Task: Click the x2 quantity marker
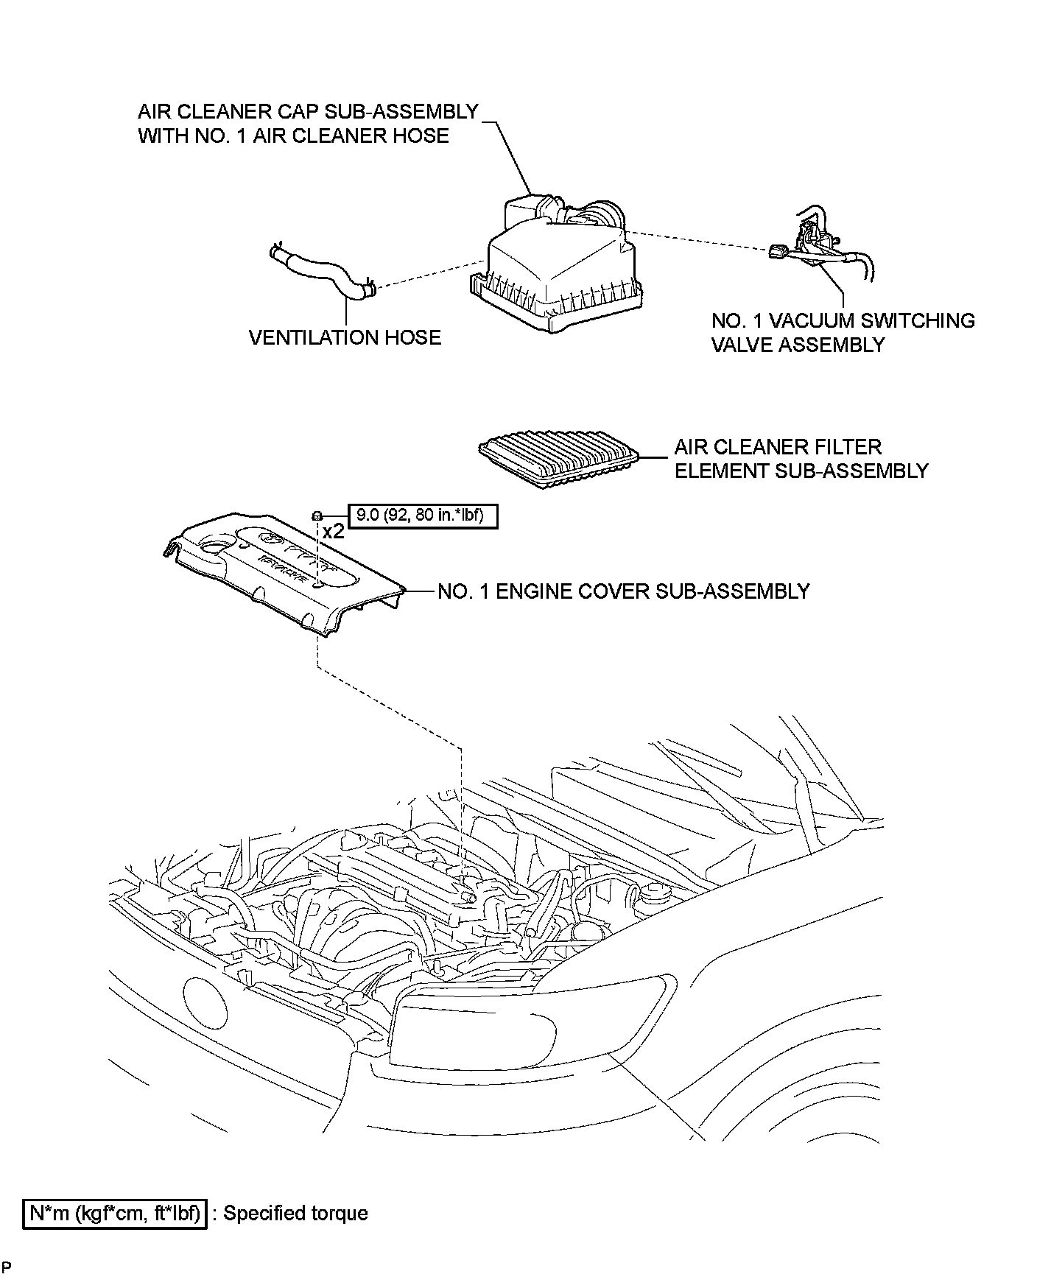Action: [x=333, y=532]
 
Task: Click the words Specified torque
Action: [x=295, y=1213]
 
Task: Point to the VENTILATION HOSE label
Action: [x=345, y=337]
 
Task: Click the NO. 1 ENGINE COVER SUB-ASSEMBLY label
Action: [x=623, y=591]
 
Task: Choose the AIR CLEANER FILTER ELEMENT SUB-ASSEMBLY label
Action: [x=801, y=459]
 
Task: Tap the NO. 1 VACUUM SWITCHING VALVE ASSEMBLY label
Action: [x=843, y=332]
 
